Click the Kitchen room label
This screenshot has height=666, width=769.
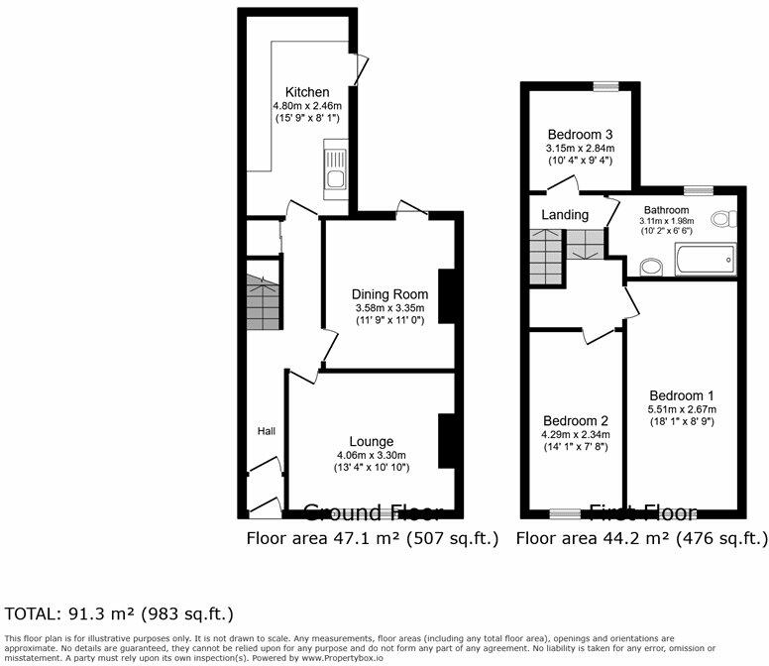pos(307,92)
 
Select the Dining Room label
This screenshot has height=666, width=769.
pos(390,294)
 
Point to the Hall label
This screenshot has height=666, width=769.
pos(267,431)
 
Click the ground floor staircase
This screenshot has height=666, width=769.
pos(263,302)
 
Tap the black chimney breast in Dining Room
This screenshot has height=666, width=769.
pos(446,296)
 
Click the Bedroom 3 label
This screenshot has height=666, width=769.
pos(580,135)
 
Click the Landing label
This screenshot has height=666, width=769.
pos(565,214)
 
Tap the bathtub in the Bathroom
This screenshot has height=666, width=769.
pos(704,263)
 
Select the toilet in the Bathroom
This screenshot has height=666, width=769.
pos(730,219)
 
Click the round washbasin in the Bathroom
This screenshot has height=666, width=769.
pos(651,266)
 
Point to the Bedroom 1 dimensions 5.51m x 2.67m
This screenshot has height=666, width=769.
pos(682,409)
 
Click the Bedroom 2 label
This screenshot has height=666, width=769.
pos(575,420)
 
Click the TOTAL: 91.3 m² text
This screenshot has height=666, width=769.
pos(119,614)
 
